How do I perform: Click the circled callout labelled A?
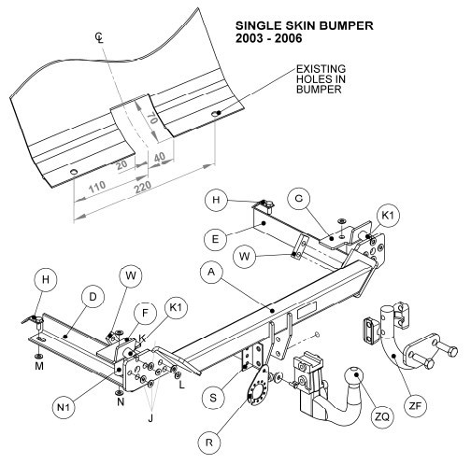tap(212, 273)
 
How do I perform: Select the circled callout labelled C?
tap(299, 199)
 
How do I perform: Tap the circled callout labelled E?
tap(215, 239)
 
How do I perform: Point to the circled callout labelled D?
tap(93, 297)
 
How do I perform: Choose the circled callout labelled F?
tap(145, 313)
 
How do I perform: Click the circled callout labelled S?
tap(213, 397)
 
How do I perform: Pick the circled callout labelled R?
tap(209, 443)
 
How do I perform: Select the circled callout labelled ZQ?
tap(382, 416)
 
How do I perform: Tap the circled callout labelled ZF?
tap(415, 405)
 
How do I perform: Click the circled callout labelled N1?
tap(64, 407)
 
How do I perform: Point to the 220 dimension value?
tap(143, 187)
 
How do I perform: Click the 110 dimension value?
tap(97, 187)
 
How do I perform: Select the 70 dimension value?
tap(151, 119)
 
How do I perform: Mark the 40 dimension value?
tap(160, 157)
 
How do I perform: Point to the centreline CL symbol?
tap(99, 37)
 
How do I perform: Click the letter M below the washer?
tap(39, 366)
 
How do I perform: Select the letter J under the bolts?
tap(150, 418)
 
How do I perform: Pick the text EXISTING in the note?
tap(321, 68)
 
